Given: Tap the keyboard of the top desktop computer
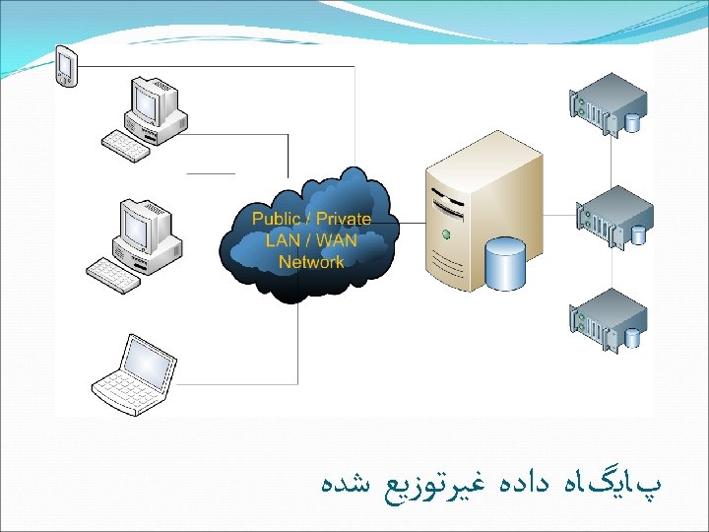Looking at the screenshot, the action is coord(126,146).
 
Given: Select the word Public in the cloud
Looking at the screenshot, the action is coord(277,219).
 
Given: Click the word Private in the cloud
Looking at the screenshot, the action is coord(344,219).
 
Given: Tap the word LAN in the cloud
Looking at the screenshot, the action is coord(283,240).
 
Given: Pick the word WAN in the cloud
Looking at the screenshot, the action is coord(337,240).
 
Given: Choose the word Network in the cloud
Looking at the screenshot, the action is coord(311,262).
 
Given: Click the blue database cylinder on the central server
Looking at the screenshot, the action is coord(504,263).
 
